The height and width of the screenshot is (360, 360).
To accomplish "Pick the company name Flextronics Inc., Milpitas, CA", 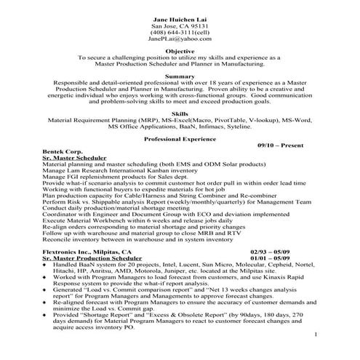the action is click(x=87, y=251).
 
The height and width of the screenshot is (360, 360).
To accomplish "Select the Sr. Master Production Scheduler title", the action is click(x=92, y=258).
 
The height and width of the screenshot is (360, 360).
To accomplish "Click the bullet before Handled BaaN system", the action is click(x=44, y=265).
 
